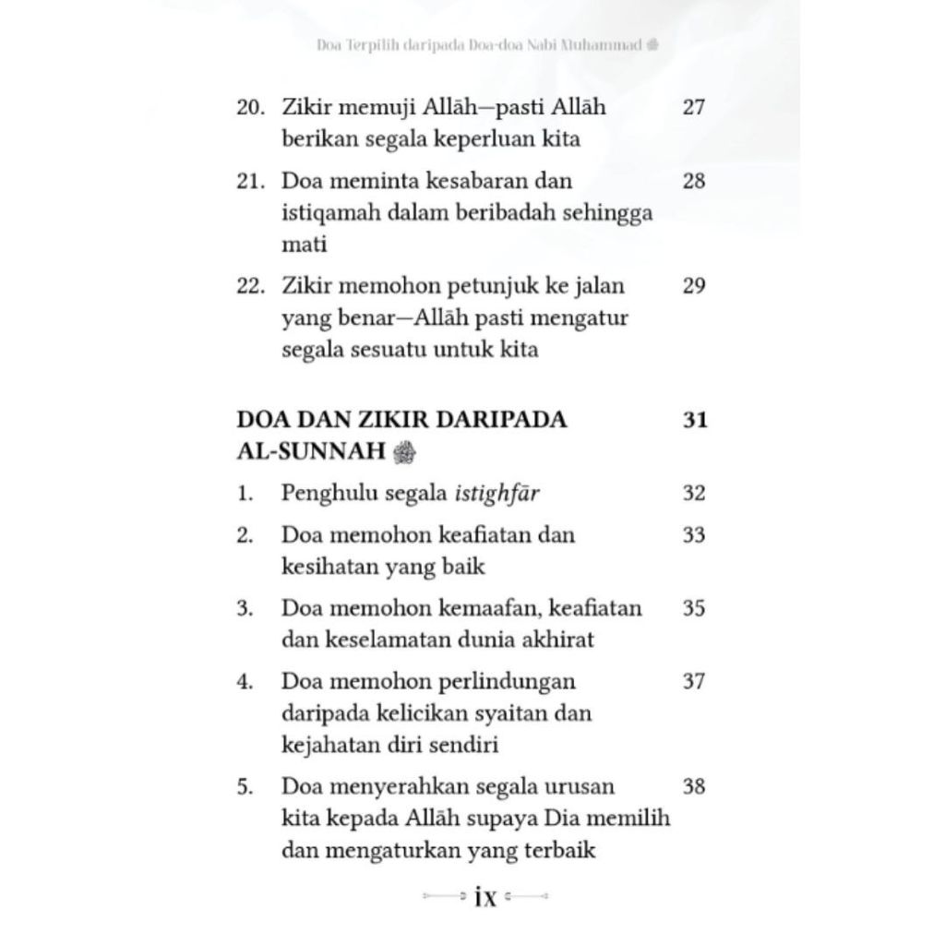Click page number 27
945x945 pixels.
694,107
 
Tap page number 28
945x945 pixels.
694,181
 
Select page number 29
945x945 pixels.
694,286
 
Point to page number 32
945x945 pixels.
694,493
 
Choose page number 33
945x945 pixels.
694,535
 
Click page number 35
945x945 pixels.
694,609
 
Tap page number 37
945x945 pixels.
694,682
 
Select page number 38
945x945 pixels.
694,787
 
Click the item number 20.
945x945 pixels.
250,107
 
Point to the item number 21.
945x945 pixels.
250,181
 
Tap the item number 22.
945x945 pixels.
250,286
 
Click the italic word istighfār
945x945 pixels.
497,494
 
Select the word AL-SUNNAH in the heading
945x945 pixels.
311,451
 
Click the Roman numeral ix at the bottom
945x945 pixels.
484,897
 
